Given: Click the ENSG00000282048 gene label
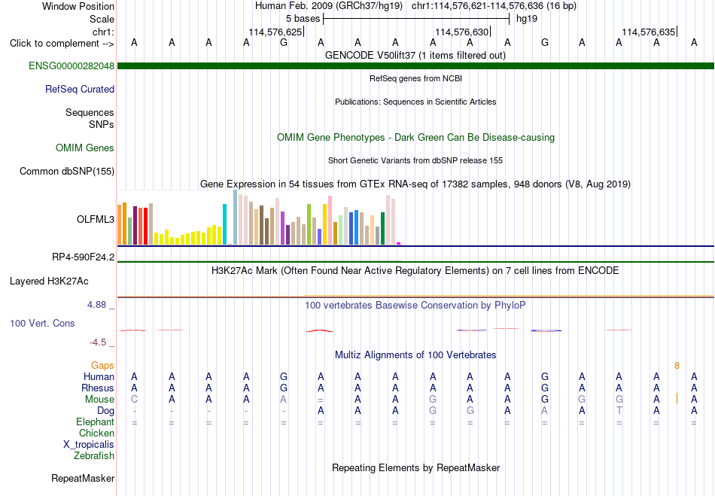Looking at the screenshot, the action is pos(71,65).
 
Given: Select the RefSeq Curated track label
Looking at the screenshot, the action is pos(80,89).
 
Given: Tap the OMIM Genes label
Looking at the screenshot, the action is pos(85,148).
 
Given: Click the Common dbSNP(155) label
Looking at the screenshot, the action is pos(67,171).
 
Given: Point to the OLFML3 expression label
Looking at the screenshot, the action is pos(96,219).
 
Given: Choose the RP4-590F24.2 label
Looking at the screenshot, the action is pos(83,257).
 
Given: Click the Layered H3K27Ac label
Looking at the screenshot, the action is pos(49,281).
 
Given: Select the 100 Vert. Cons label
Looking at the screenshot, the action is pos(42,323).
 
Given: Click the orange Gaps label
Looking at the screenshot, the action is pos(102,365).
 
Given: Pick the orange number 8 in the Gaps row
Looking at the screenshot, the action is pos(677,365).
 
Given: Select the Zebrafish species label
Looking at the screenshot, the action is pos(94,455).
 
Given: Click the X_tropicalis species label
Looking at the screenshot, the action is pos(89,445).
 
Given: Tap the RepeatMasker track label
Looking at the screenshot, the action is pos(83,478).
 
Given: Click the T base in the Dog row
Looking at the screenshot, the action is pos(619,410).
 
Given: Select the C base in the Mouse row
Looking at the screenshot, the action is pos(134,399).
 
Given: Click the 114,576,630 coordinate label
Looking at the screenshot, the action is pos(462,32).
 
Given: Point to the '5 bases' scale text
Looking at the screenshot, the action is pos(303,19).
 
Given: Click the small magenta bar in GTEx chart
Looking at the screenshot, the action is pos(399,243).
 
